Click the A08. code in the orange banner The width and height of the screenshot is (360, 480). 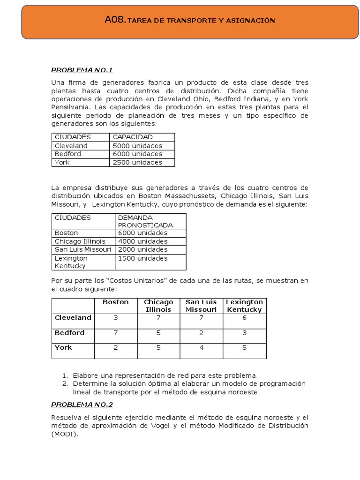coord(115,20)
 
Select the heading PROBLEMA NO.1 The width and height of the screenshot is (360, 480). coord(82,70)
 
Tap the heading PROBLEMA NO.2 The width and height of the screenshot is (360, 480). coord(82,405)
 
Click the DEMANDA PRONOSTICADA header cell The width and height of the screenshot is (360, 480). coord(145,221)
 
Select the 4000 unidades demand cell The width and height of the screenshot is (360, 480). coord(142,241)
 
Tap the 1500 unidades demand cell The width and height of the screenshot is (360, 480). coord(142,258)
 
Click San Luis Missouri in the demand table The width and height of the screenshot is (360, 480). coord(83,249)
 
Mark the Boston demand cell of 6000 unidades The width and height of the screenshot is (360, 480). coord(142,233)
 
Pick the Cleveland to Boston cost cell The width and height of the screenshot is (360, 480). coord(116,318)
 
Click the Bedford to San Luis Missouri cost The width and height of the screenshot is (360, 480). coord(201,333)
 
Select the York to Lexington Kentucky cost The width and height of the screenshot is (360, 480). coord(244,348)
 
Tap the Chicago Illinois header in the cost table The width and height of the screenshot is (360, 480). coord(158,306)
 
